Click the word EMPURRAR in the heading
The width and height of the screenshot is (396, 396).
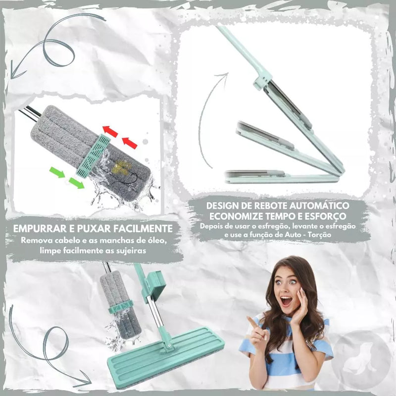[40, 229]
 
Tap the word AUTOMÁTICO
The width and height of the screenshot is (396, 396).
[319, 205]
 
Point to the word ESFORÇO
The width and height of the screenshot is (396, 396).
[325, 216]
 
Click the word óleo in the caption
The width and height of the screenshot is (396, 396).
[157, 240]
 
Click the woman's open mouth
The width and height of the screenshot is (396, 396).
[286, 301]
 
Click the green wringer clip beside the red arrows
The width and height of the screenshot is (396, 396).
[93, 155]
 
